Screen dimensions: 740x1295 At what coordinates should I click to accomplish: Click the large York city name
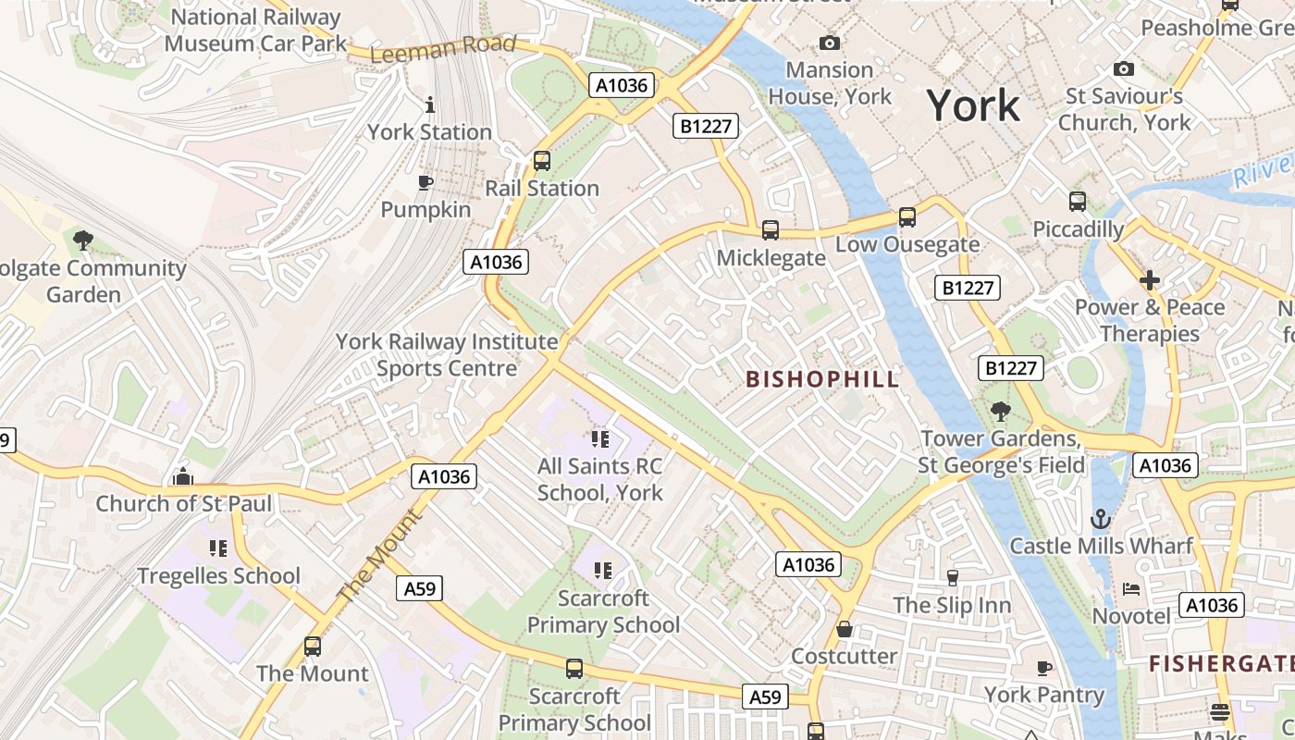(973, 106)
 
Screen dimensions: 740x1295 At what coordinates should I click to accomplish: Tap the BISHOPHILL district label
(822, 379)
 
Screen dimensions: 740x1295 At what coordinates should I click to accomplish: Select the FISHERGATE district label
(1221, 663)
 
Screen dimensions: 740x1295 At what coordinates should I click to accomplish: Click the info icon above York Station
(429, 105)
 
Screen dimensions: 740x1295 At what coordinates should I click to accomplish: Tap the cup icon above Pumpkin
(425, 182)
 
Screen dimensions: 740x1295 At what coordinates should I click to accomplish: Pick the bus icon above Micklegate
(770, 230)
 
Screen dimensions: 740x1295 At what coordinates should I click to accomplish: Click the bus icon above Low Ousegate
(907, 217)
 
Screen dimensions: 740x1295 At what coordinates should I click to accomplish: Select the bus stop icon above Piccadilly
(1078, 202)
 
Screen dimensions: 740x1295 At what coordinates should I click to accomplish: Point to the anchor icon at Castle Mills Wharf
(1101, 519)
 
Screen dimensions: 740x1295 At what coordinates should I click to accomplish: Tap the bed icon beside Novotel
(1131, 589)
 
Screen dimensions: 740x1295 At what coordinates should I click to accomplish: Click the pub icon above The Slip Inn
(952, 578)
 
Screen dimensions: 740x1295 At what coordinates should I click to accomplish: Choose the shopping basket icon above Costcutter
(844, 629)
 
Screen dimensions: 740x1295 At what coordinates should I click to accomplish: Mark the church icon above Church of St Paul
(183, 477)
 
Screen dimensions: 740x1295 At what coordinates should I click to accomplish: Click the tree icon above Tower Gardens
(1000, 411)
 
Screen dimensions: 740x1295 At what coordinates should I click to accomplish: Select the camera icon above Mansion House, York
(830, 43)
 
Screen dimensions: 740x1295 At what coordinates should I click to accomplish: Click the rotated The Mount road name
(379, 558)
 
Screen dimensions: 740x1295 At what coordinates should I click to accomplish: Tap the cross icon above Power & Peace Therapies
(1150, 279)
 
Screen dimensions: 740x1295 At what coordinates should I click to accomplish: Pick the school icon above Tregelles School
(218, 549)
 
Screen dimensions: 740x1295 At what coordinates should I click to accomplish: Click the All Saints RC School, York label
(600, 479)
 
